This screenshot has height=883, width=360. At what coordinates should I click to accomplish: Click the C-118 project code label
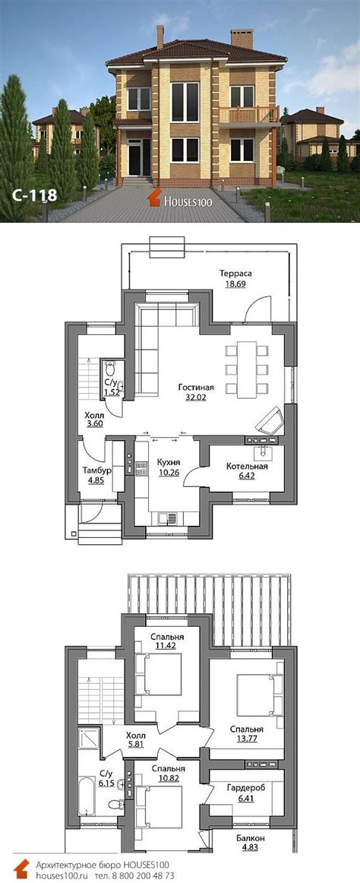pos(33,195)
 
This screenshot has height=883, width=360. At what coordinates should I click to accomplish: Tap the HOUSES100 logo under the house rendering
pos(180,198)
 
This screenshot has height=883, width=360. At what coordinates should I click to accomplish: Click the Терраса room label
pos(235,274)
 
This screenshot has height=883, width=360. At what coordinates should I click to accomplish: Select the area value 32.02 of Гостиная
pos(196,397)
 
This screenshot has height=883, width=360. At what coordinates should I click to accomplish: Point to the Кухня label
pos(169,462)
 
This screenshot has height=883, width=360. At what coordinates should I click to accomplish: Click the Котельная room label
pos(247,467)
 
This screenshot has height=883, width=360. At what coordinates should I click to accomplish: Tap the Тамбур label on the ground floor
pos(96,470)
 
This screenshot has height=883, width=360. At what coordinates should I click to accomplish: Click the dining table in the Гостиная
pos(246,369)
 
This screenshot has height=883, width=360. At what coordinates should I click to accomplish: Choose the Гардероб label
pos(247,787)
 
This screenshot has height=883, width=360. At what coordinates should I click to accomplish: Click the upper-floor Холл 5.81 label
pos(135,739)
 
